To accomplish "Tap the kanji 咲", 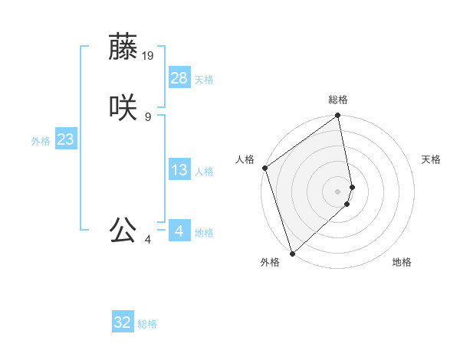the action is pyautogui.click(x=123, y=106).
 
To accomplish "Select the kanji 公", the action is pyautogui.click(x=123, y=229).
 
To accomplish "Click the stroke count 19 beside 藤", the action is pyautogui.click(x=149, y=55).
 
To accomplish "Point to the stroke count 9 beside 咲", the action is pyautogui.click(x=148, y=116).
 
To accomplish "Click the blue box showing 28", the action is pyautogui.click(x=179, y=77).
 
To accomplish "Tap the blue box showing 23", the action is pyautogui.click(x=66, y=139).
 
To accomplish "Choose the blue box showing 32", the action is pyautogui.click(x=123, y=322).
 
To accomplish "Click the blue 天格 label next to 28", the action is pyautogui.click(x=204, y=80).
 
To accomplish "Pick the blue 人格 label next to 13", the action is pyautogui.click(x=204, y=172).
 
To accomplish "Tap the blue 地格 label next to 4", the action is pyautogui.click(x=204, y=233).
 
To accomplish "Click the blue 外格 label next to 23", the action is pyautogui.click(x=41, y=141).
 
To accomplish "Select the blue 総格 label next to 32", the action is pyautogui.click(x=147, y=325).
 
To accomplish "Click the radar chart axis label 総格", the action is pyautogui.click(x=338, y=100).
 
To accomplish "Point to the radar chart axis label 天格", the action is pyautogui.click(x=431, y=159).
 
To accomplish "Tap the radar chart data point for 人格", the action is pyautogui.click(x=264, y=168).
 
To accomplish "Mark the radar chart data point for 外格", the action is pyautogui.click(x=291, y=253).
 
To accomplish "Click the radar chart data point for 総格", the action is pyautogui.click(x=338, y=116).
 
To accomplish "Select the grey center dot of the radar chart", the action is pyautogui.click(x=338, y=191).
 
